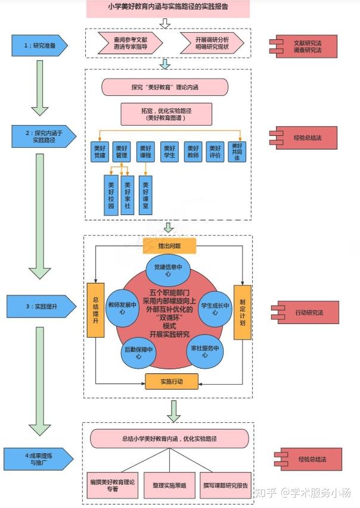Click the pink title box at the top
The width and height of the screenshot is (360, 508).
168,8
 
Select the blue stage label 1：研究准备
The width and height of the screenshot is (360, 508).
39,46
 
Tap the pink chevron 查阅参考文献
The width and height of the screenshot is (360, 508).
131,43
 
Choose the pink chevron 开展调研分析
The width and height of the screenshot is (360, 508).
212,43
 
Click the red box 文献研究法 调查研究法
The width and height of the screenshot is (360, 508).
303,46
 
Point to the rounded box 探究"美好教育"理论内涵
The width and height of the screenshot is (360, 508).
165,87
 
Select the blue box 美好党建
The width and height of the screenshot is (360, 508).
100,152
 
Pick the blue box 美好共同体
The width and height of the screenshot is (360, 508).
237,152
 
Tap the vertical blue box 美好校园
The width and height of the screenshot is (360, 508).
111,195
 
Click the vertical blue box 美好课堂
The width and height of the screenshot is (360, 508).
145,195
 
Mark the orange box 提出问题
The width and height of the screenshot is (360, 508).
169,246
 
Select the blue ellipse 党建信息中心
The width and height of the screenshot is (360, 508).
168,270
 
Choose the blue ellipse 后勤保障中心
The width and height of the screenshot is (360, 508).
138,353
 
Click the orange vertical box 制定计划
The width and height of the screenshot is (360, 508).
243,312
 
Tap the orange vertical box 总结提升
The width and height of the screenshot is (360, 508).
96,310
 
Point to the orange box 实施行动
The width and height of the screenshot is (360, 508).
172,381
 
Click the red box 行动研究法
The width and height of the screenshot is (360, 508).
306,312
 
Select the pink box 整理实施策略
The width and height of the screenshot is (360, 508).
170,485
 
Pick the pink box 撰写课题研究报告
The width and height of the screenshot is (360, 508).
226,485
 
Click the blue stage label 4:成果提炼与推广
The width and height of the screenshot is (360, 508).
39,459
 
